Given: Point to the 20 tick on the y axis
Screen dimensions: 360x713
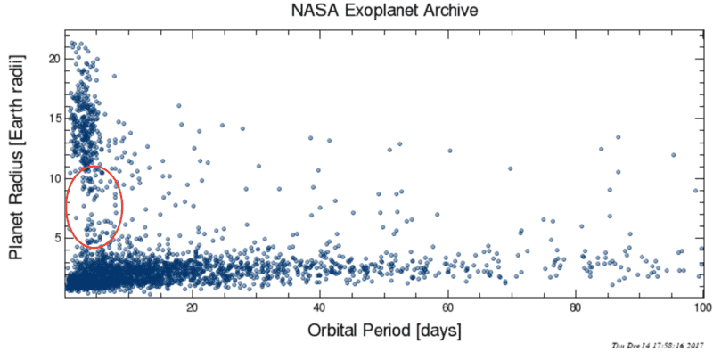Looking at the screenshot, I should pos(53,58).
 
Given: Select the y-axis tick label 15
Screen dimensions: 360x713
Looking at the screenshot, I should pos(53,118).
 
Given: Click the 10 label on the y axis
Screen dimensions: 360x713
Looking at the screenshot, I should pos(53,178).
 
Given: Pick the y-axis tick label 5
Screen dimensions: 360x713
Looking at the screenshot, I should pos(56,238).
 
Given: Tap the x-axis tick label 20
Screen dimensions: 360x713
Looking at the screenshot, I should pos(193,308).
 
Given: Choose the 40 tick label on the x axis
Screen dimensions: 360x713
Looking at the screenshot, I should pos(320,308).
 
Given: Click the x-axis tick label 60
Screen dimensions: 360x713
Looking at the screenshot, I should pos(447,308).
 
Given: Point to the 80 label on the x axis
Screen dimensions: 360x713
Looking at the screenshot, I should pos(575,308).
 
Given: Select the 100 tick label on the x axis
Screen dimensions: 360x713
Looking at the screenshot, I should pos(701,308).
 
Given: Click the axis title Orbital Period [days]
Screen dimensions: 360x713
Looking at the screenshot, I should pos(383,331).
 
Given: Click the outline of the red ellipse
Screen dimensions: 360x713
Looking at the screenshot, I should pos(122,206).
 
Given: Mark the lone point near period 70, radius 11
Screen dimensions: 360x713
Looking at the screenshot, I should pos(510,168).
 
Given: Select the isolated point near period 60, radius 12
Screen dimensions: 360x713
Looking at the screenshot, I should pos(450,151).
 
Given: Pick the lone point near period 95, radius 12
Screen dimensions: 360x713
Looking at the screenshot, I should pos(673,155).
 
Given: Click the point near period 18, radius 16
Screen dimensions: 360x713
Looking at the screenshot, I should pos(179,105).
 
